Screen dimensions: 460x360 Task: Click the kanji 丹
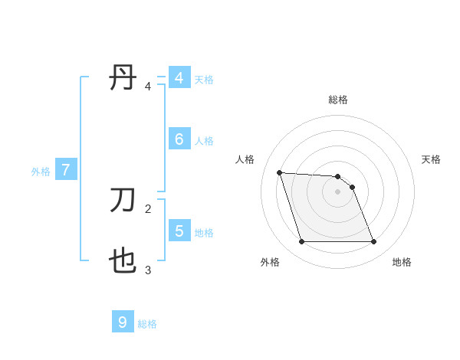[123, 79]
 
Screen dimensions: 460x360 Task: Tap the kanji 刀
[123, 200]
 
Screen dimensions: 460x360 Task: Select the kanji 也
[123, 263]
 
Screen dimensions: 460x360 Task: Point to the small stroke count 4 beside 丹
[148, 87]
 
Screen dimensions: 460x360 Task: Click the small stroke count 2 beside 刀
[148, 208]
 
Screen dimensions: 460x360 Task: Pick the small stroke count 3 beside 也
[148, 270]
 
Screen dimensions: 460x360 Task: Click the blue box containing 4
[179, 78]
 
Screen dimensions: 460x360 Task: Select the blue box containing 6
[179, 139]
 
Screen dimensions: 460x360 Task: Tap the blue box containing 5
[179, 231]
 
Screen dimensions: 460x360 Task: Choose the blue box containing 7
[66, 171]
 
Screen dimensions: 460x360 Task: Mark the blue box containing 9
[123, 322]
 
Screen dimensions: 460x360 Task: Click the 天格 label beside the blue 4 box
[204, 79]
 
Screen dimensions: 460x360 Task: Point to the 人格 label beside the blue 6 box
[204, 141]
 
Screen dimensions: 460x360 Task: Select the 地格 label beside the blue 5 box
[204, 232]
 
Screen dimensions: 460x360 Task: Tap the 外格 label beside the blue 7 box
[41, 172]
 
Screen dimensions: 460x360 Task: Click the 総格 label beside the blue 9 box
[147, 324]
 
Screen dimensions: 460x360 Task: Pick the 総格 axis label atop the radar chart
[338, 100]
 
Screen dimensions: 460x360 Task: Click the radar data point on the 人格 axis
[279, 172]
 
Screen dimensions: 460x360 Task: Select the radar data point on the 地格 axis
[373, 242]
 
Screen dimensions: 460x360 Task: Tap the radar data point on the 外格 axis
[301, 242]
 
